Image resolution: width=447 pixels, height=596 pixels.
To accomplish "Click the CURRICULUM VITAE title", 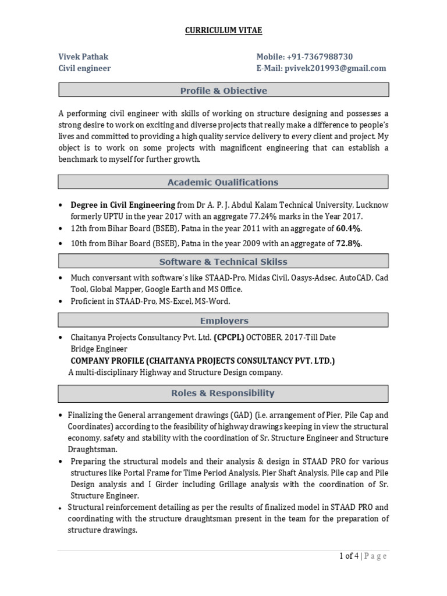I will point(223,30).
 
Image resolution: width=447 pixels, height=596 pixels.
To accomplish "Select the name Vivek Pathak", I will point(83,56).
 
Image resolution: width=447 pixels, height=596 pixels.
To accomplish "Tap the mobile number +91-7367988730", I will point(320,56).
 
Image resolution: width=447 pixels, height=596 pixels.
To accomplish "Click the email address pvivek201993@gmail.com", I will point(335,68).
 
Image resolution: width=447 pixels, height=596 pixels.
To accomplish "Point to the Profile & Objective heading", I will point(223,90).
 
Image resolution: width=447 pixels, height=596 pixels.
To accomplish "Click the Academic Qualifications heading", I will point(223,182).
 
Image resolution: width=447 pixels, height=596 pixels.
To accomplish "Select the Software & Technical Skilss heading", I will point(223,261).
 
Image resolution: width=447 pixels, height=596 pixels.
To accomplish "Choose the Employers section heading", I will point(223,320).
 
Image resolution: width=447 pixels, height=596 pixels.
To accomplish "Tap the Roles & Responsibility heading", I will point(223,393).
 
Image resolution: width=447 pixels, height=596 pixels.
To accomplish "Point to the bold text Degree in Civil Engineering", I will point(123,205).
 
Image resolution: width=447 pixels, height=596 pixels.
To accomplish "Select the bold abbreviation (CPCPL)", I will point(229,337).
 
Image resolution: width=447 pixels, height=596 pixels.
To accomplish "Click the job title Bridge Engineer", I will point(99,349).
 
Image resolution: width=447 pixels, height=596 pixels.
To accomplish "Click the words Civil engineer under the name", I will point(84,68).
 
